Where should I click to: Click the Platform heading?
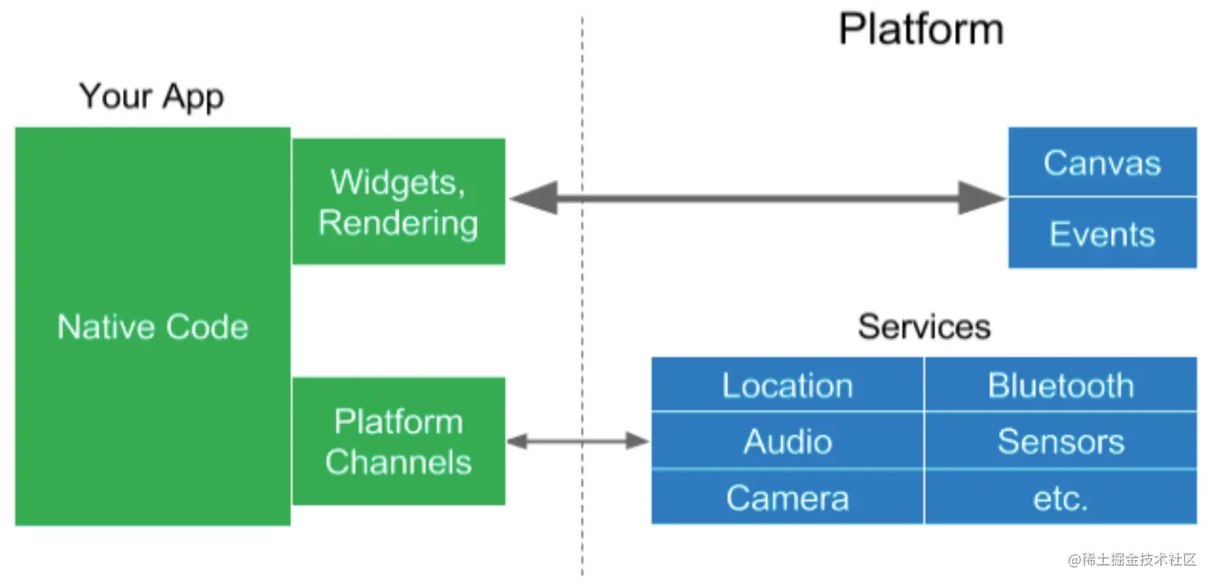tap(921, 30)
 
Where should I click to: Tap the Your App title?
tap(151, 96)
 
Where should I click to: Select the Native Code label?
tap(153, 327)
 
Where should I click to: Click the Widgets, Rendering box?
tap(398, 202)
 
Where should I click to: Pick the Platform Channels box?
tap(398, 441)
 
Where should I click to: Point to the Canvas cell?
tap(1102, 163)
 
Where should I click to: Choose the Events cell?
tap(1102, 234)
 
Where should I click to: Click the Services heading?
tap(923, 326)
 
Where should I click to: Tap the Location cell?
tap(787, 386)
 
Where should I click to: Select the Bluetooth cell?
tap(1060, 386)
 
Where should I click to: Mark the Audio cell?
tap(787, 441)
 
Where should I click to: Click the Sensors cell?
tap(1060, 441)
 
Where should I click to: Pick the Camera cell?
tap(787, 497)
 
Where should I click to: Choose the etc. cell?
tap(1060, 499)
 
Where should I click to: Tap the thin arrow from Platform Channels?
tap(577, 440)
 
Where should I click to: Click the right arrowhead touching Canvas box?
tap(983, 198)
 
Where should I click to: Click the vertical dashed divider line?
tap(582, 321)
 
